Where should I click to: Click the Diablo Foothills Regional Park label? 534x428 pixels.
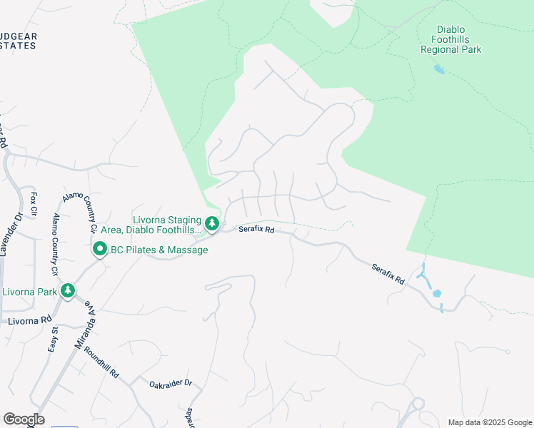tap(450, 40)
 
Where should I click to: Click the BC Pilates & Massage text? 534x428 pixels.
tap(158, 250)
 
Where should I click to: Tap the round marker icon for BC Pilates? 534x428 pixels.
tap(99, 250)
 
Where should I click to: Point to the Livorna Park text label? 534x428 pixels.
tap(29, 292)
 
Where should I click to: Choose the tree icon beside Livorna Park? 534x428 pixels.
tap(68, 290)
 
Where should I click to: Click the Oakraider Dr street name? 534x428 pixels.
tap(171, 384)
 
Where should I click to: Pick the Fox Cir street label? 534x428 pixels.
tap(33, 203)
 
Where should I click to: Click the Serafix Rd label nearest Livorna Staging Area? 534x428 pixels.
tap(256, 230)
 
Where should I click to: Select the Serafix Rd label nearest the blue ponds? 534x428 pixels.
tap(388, 275)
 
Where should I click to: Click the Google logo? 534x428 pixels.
tap(24, 419)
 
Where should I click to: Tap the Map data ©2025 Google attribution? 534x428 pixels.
tap(490, 422)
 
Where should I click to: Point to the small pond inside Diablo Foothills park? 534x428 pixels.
tap(438, 70)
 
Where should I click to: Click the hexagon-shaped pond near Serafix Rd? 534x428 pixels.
tap(437, 293)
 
